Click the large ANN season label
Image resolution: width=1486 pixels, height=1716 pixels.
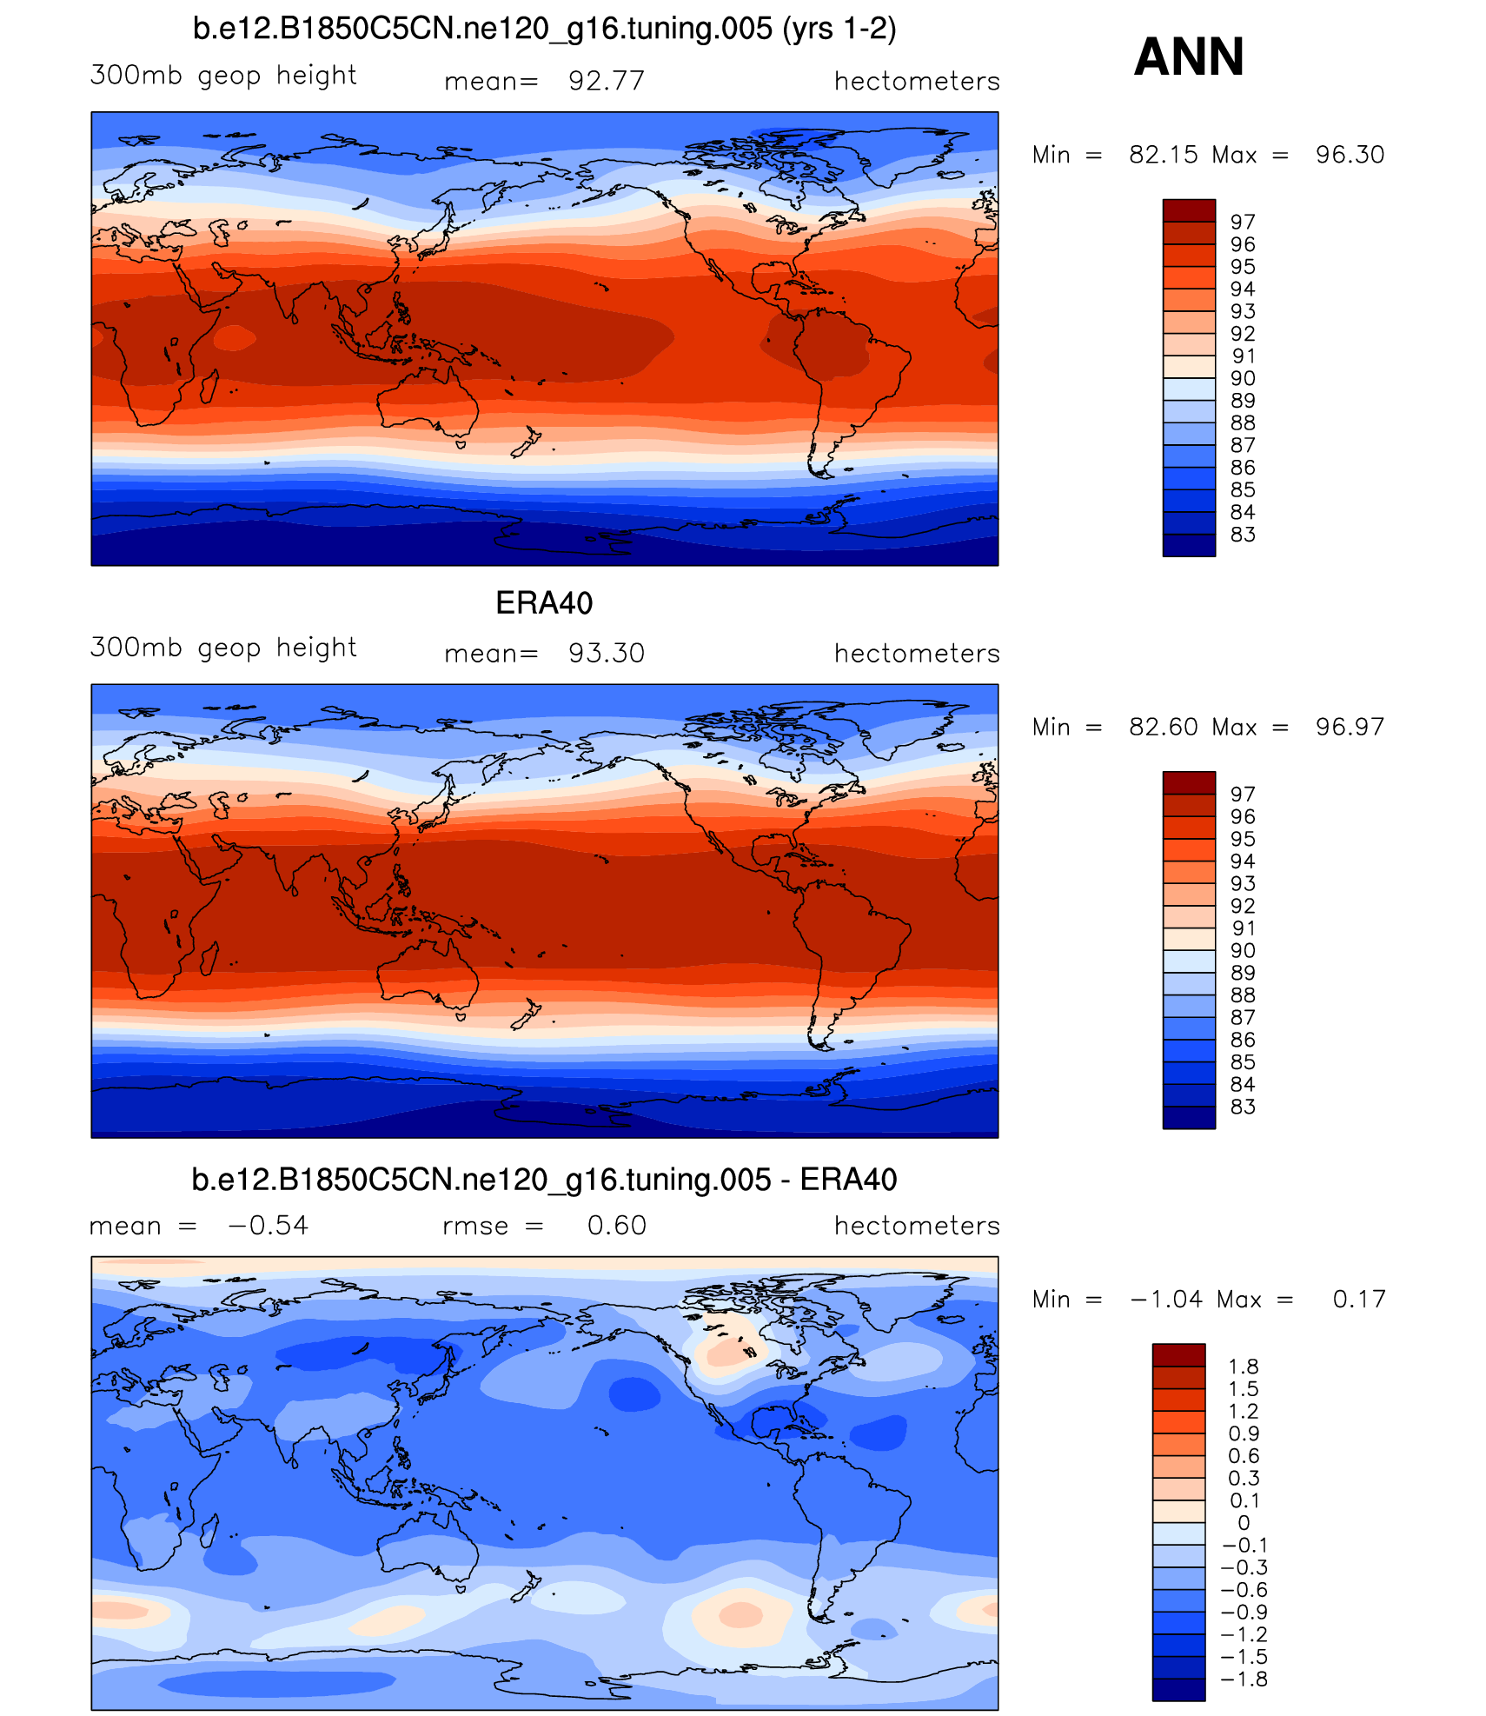click(x=1189, y=57)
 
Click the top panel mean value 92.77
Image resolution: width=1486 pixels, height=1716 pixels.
click(x=606, y=81)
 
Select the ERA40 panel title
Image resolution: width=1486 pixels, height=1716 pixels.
click(x=544, y=603)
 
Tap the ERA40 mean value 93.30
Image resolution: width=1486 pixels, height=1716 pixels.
click(x=606, y=653)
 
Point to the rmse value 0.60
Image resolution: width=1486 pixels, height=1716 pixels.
click(x=616, y=1226)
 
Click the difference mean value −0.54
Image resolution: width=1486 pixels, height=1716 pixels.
click(x=268, y=1226)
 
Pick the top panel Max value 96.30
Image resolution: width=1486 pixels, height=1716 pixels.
click(x=1350, y=155)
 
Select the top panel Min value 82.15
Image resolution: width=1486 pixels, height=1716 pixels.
click(x=1164, y=155)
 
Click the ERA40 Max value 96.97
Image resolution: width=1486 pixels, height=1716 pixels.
click(x=1350, y=727)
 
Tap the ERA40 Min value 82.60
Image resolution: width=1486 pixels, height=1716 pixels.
click(x=1164, y=727)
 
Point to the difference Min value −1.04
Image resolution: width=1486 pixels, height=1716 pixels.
click(x=1166, y=1300)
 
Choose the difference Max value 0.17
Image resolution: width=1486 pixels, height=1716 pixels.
click(x=1359, y=1300)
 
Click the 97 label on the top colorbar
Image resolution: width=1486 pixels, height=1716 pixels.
click(x=1243, y=223)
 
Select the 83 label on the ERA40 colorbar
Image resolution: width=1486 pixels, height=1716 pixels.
click(x=1243, y=1107)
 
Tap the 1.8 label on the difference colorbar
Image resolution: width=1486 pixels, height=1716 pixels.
click(x=1244, y=1367)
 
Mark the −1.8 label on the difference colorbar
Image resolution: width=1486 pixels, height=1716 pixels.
click(x=1244, y=1679)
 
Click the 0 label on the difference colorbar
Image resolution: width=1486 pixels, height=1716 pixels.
click(x=1244, y=1523)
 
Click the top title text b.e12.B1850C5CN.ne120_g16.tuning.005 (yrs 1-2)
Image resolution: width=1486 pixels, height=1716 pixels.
click(x=544, y=29)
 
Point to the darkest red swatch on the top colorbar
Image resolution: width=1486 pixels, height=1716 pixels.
click(x=1189, y=210)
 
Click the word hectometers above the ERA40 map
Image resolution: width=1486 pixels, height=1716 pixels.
click(x=917, y=653)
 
